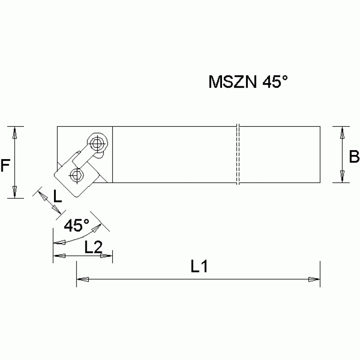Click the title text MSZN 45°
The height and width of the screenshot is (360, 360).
pyautogui.click(x=247, y=83)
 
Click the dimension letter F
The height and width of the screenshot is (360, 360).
pyautogui.click(x=6, y=166)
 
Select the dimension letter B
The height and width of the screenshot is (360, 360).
pyautogui.click(x=354, y=157)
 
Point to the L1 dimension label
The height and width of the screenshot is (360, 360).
pyautogui.click(x=199, y=268)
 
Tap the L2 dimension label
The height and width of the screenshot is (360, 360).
pyautogui.click(x=93, y=247)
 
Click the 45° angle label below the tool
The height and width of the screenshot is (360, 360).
pyautogui.click(x=76, y=226)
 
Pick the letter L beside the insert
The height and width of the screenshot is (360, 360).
pyautogui.click(x=56, y=196)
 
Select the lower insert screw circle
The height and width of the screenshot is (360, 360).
pyautogui.click(x=75, y=175)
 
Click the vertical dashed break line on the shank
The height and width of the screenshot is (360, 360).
pyautogui.click(x=238, y=155)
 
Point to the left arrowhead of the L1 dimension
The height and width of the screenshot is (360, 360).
pyautogui.click(x=82, y=280)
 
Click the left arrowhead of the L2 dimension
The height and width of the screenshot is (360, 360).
pyautogui.click(x=59, y=256)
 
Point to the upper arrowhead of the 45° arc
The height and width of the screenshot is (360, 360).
pyautogui.click(x=98, y=228)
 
